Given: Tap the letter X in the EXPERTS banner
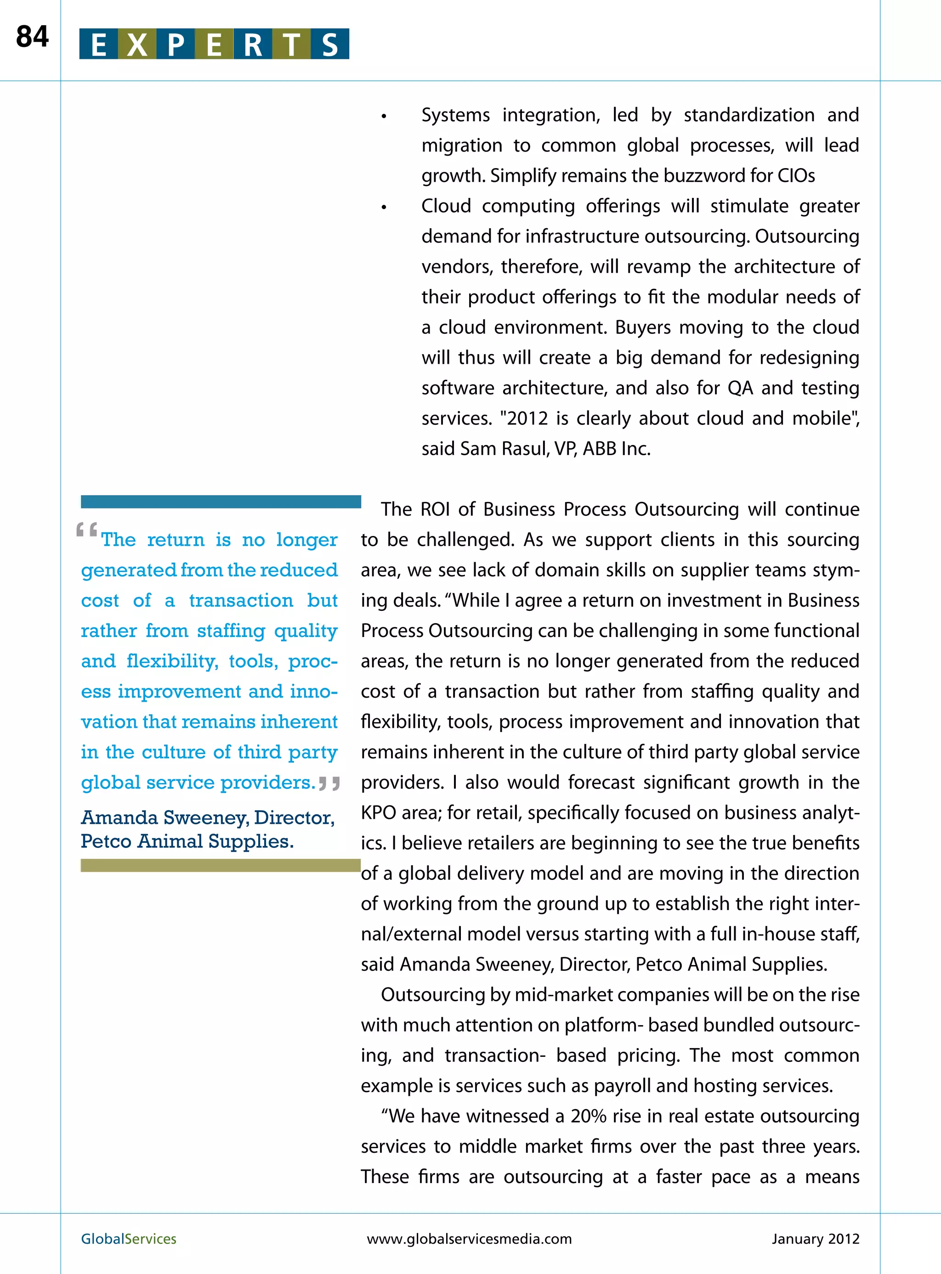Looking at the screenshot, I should (x=137, y=45).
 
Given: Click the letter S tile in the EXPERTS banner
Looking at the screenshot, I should (x=330, y=45).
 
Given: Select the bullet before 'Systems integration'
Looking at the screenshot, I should (x=384, y=117).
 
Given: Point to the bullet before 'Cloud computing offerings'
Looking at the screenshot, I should (x=384, y=207).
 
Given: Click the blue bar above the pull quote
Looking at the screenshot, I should (x=221, y=502).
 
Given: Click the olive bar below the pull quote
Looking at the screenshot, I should (x=221, y=865).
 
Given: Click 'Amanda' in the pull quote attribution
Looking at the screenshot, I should (x=119, y=817).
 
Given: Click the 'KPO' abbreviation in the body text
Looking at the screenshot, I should (x=378, y=812).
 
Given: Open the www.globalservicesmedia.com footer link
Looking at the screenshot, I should (x=469, y=1239).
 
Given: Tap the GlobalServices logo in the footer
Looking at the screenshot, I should (x=129, y=1239).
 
